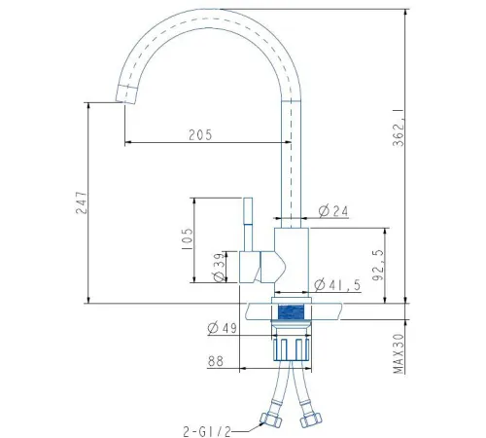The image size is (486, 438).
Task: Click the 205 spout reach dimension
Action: coord(200,134)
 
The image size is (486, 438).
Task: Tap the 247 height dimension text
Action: coord(82,202)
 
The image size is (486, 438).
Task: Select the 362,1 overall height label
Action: coord(399,128)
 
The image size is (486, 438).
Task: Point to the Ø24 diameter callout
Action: coord(333,211)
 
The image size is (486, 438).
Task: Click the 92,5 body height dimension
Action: coord(378,265)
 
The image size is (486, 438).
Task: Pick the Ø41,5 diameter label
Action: coord(337,285)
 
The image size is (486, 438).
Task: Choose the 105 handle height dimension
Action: coord(188,238)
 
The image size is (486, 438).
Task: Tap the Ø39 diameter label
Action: coord(220,268)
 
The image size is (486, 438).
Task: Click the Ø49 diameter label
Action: coord(223,328)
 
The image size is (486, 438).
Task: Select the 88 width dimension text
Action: coord(216,361)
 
